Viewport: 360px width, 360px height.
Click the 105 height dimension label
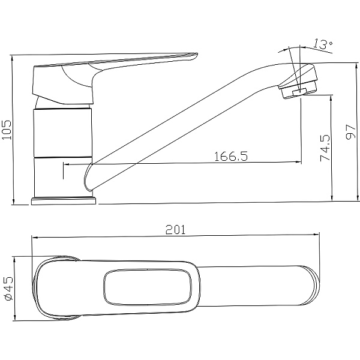[7, 129]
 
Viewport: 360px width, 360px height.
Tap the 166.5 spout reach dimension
[231, 157]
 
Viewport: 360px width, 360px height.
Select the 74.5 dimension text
[325, 148]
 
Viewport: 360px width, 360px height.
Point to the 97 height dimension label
[350, 132]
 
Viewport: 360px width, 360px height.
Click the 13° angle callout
[323, 44]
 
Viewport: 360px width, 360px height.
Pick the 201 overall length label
[175, 230]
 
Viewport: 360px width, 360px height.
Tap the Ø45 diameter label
[9, 289]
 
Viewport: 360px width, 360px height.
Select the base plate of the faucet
[64, 200]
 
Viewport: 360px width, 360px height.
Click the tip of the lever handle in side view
[197, 54]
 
